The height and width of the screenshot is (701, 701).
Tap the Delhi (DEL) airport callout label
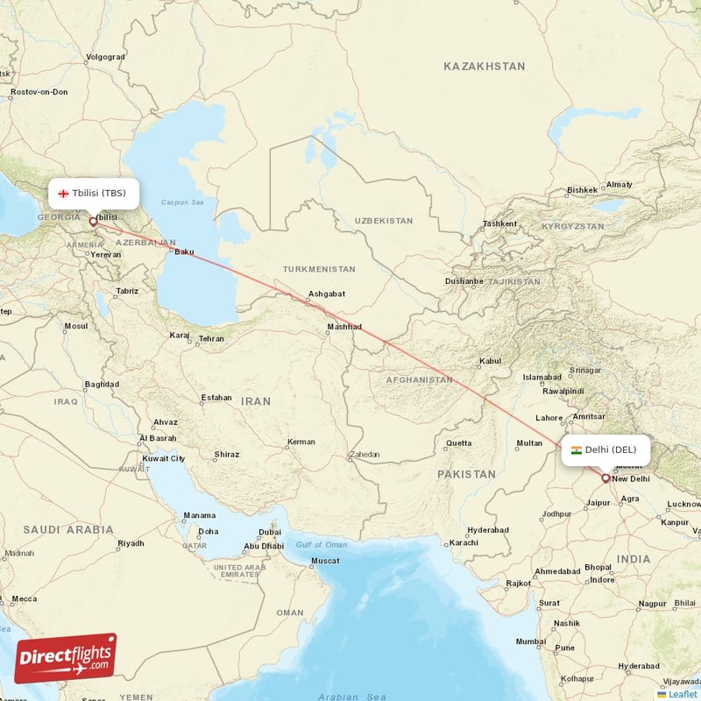click(606, 450)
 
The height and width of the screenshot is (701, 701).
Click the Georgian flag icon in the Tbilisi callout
click(63, 193)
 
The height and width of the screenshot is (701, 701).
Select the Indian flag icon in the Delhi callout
click(576, 450)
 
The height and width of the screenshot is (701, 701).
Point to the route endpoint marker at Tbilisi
click(93, 222)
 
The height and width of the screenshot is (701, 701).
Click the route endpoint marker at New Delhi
click(605, 478)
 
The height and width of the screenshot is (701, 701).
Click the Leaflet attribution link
click(682, 694)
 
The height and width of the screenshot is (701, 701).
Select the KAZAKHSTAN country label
click(484, 67)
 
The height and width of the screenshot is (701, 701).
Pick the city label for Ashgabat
click(326, 294)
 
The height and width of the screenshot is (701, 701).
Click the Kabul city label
click(490, 361)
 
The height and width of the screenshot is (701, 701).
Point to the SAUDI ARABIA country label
click(68, 529)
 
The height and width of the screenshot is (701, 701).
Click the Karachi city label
click(464, 542)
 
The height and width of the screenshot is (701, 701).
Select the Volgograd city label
click(105, 57)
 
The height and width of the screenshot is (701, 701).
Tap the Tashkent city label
click(499, 223)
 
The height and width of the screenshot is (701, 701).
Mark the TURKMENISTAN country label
click(319, 269)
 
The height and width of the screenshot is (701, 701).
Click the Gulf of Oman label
click(321, 545)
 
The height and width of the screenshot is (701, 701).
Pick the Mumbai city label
click(531, 641)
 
